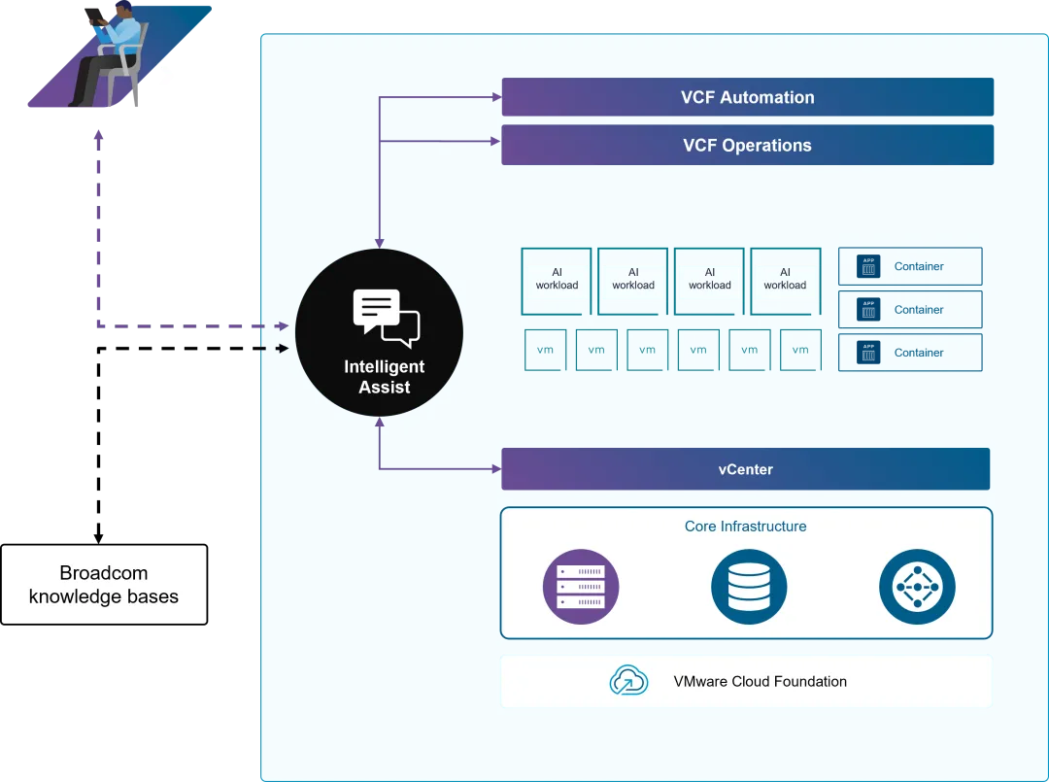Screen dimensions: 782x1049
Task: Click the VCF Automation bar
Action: [x=747, y=97]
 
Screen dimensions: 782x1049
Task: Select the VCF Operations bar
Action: [x=747, y=145]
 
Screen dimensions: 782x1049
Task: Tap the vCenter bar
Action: [x=745, y=469]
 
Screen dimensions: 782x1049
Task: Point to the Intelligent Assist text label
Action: [x=385, y=377]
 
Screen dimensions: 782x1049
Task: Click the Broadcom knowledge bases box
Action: [x=104, y=585]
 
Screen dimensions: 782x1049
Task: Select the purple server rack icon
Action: [x=581, y=587]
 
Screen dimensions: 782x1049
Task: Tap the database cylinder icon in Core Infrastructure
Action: [x=748, y=587]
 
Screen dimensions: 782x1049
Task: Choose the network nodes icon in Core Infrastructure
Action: [x=917, y=587]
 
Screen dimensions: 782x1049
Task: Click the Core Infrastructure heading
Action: [x=745, y=527]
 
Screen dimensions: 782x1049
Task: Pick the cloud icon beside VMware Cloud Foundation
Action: [x=628, y=681]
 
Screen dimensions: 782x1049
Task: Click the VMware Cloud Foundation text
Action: [x=760, y=681]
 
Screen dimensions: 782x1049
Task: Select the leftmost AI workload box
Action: [x=557, y=280]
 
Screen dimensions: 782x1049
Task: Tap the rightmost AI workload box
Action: [x=785, y=280]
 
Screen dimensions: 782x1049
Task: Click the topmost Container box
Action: [x=910, y=266]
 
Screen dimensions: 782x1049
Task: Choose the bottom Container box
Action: [x=910, y=353]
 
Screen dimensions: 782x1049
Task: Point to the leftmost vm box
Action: [x=546, y=350]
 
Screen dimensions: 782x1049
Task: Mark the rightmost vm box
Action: [x=800, y=350]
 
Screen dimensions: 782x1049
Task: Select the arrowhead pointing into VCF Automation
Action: [x=494, y=97]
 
